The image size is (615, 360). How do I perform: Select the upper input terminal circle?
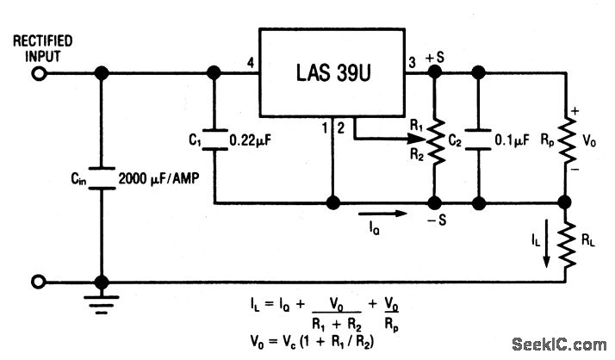click(38, 74)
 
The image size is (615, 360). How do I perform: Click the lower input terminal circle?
click(38, 282)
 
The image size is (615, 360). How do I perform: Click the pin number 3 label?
click(412, 62)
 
